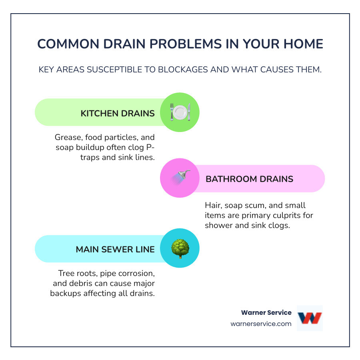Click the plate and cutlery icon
pos(180,112)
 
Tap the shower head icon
pos(180,178)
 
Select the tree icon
pos(180,249)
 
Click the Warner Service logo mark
pos(310,318)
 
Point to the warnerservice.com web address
pos(261,324)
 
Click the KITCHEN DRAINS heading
pos(118,113)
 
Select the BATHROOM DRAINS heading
pos(249,179)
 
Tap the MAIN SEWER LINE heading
pos(115,250)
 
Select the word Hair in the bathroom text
pos(212,205)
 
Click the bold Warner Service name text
pos(266,313)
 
